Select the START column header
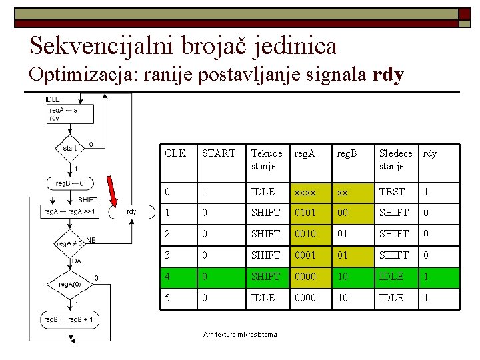(219, 153)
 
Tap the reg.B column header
(347, 153)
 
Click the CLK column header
(175, 153)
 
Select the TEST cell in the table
(391, 192)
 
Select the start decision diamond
(69, 148)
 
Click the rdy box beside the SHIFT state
(131, 212)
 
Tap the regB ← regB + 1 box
(69, 320)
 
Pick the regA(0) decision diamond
(69, 285)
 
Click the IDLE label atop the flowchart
(53, 99)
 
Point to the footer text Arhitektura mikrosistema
(239, 335)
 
